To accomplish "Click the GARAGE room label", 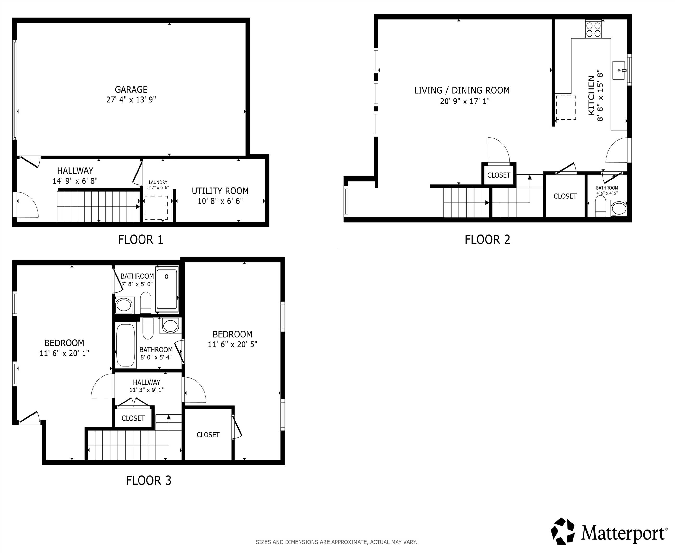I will point(131,90).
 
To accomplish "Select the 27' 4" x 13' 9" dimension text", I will point(131,100).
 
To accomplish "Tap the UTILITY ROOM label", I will point(220,191).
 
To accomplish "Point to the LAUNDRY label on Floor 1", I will point(158,182).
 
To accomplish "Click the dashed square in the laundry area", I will point(156,208).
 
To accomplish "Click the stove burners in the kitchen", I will point(593,29).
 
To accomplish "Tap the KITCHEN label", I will point(591,95).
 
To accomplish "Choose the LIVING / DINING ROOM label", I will point(462,90).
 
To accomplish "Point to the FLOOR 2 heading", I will point(487,240).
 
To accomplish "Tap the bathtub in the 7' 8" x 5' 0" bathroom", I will point(167,289).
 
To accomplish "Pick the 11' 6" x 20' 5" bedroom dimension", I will point(232,344).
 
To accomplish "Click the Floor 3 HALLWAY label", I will point(146,382).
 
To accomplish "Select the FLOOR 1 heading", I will point(140,240).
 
